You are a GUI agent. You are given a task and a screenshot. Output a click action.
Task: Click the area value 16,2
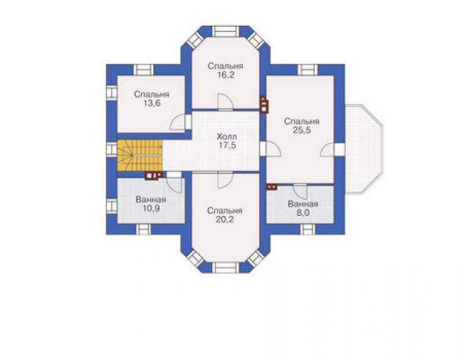coord(226,75)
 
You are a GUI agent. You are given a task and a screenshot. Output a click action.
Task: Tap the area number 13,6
coord(152,104)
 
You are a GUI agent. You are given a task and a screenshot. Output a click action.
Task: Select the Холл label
coord(226,137)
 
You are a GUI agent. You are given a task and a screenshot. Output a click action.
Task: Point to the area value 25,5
coord(302,130)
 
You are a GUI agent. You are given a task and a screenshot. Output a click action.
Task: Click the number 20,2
coord(225,220)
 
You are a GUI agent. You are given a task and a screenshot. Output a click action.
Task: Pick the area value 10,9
coord(151,208)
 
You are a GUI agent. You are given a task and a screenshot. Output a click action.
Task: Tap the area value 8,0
coord(303,213)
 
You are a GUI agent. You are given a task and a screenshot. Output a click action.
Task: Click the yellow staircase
coord(140,155)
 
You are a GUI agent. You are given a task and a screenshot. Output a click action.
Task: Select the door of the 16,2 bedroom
coord(225,102)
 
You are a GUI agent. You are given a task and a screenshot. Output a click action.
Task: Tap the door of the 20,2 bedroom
coord(225,180)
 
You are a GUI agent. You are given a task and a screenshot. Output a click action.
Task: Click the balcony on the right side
coord(364,149)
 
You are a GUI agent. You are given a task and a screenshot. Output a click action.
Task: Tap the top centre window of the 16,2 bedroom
coord(226,31)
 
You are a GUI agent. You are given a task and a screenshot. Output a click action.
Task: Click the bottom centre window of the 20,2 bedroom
coord(226,268)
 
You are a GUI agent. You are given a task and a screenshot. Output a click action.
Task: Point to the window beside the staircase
coord(112,149)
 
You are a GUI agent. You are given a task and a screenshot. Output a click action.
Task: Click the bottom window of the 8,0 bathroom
coord(307,229)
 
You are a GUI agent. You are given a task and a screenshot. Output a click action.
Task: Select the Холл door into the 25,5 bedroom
coord(270,148)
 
